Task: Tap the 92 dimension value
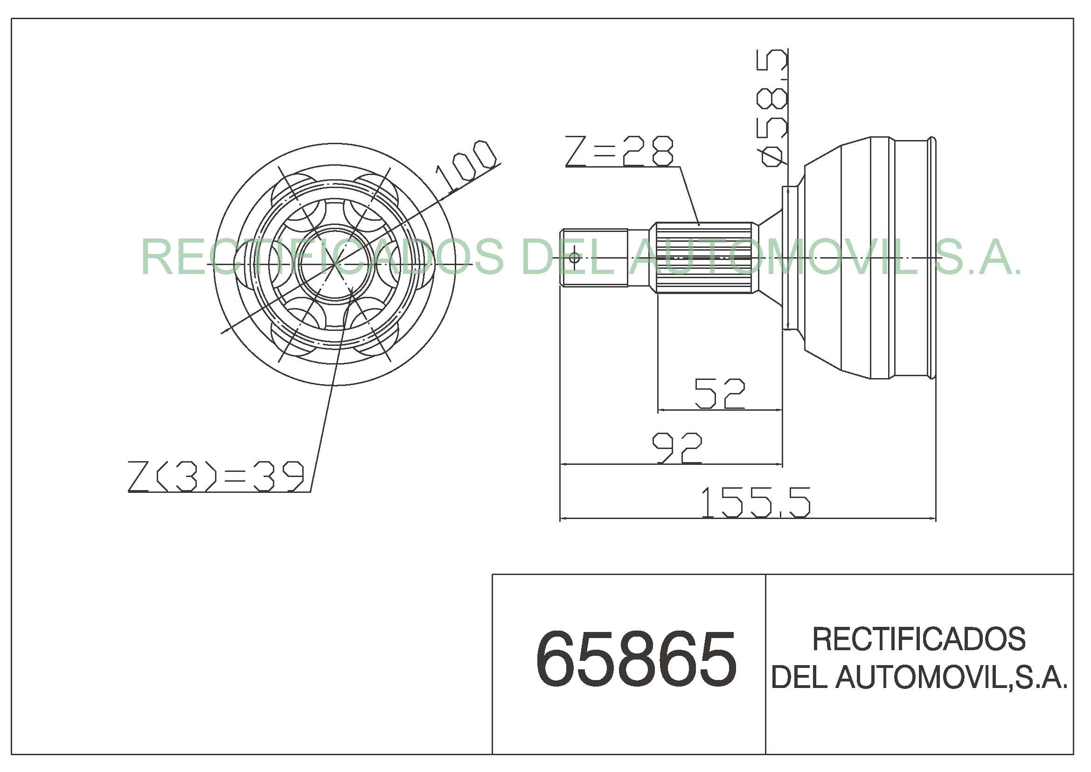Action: coord(677,448)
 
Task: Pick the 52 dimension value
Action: coord(719,393)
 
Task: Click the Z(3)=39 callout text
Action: coord(216,476)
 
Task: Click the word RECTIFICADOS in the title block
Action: coord(919,639)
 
